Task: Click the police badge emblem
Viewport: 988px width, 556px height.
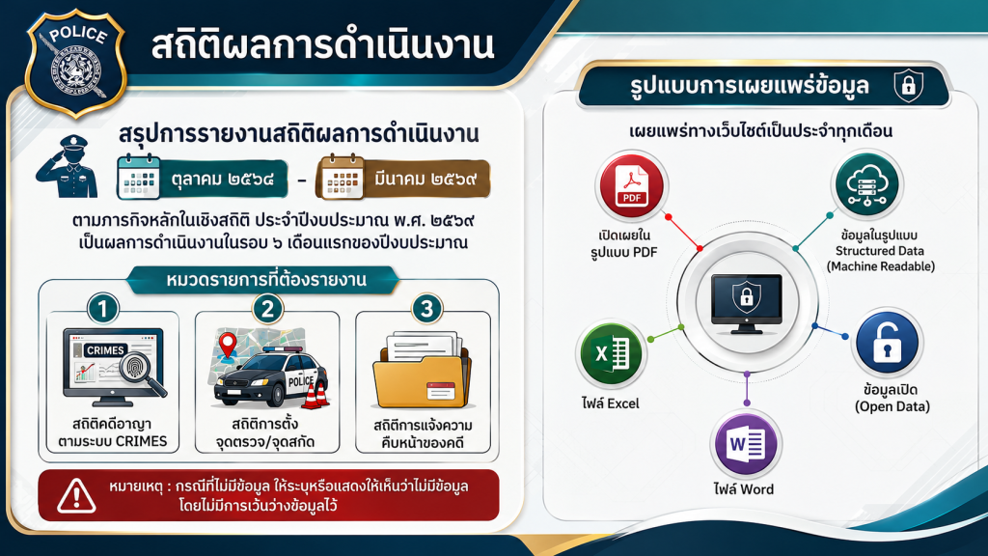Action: [x=75, y=63]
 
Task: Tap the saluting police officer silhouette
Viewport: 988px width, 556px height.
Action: [x=69, y=166]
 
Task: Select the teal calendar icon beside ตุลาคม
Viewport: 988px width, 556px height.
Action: [x=139, y=177]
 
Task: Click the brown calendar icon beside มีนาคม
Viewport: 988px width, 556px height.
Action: [x=341, y=177]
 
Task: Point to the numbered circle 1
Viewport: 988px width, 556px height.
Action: [x=102, y=309]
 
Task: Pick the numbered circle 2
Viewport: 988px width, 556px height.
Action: [x=268, y=309]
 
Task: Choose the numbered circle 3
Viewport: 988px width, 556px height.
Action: [x=426, y=309]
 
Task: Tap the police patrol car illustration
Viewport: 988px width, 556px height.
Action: [x=270, y=378]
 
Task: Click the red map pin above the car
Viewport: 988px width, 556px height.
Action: [x=228, y=346]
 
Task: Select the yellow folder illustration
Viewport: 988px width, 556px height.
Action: [x=422, y=372]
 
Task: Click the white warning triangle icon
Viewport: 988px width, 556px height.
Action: [x=76, y=495]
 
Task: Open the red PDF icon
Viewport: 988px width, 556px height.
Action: [x=631, y=186]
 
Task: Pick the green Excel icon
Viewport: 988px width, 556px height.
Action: [x=611, y=353]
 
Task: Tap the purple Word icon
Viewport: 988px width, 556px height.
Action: [x=747, y=444]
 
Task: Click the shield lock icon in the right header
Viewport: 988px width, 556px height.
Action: [x=909, y=86]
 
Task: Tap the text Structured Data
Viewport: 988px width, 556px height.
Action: [x=880, y=251]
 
